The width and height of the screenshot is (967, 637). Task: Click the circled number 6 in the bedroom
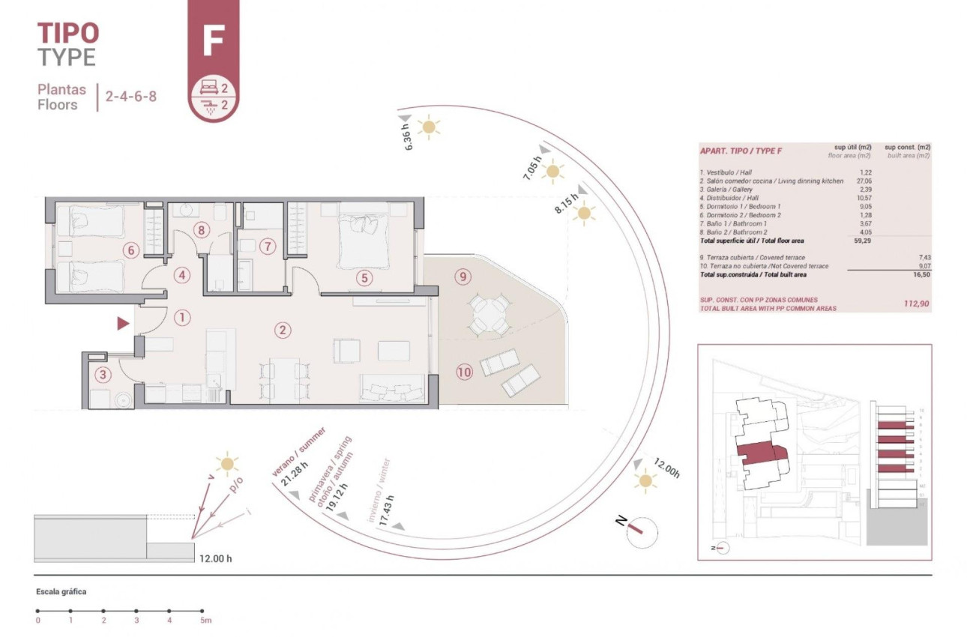(131, 250)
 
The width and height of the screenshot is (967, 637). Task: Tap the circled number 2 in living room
(283, 330)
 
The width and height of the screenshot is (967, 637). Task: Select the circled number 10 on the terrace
(464, 371)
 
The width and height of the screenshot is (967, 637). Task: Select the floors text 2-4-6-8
(130, 97)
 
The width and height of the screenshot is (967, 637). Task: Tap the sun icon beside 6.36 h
(429, 127)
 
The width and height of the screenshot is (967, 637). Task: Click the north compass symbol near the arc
(641, 529)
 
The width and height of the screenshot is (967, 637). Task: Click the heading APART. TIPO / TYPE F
(741, 151)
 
